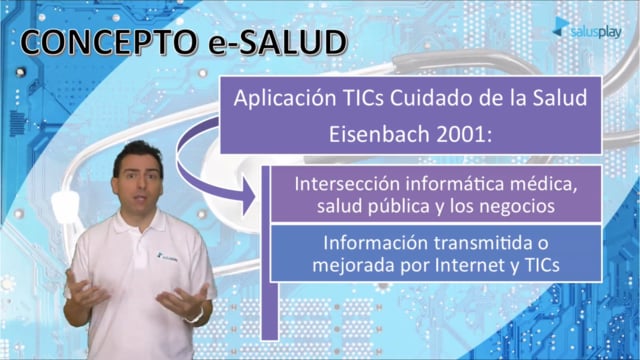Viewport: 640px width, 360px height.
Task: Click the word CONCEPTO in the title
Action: (x=109, y=42)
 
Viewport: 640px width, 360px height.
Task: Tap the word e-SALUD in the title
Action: (x=278, y=42)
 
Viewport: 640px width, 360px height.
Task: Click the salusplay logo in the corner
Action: (x=587, y=28)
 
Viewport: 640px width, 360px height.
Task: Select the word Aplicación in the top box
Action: (x=284, y=99)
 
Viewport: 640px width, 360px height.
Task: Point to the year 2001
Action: (x=464, y=134)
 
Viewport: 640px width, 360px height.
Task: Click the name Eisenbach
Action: (x=379, y=134)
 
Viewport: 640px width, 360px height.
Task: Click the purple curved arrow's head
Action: (x=248, y=196)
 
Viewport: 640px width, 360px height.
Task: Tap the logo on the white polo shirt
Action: (x=167, y=257)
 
